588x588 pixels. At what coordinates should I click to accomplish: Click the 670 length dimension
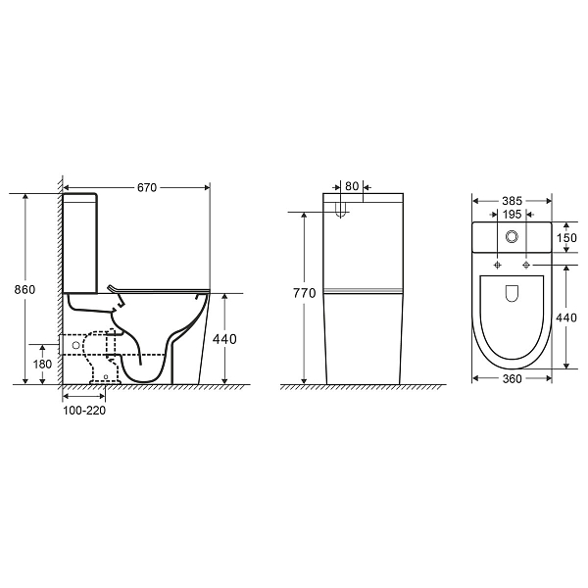click(147, 187)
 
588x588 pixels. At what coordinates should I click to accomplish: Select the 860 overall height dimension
click(24, 289)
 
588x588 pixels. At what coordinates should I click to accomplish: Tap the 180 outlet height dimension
click(42, 364)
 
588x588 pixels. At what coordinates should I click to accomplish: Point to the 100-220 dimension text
click(84, 411)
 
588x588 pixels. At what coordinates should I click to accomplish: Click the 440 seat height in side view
click(224, 339)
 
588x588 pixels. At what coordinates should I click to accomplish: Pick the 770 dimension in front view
click(305, 293)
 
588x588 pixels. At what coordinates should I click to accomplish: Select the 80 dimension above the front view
click(352, 186)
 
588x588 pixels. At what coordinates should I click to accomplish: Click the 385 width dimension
click(513, 201)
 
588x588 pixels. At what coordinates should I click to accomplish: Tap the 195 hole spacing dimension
click(512, 214)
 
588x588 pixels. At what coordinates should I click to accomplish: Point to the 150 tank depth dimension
click(566, 238)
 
